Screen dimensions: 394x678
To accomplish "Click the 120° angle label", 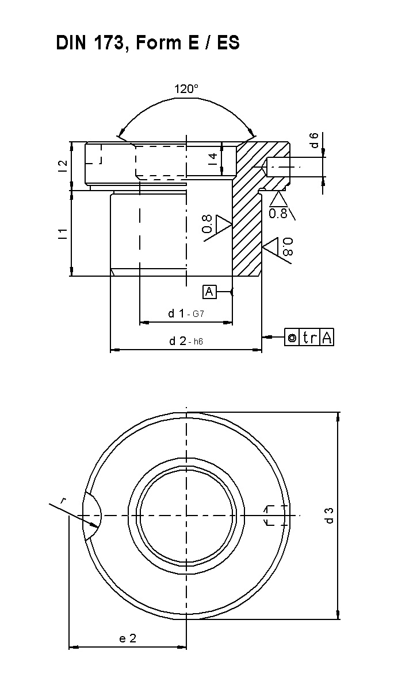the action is click(186, 90).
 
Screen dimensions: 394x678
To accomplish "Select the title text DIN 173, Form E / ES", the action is click(148, 43).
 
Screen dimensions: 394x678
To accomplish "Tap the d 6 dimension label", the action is click(315, 140).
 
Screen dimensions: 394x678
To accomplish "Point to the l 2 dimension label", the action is click(63, 165).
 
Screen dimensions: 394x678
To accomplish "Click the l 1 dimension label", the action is click(63, 234).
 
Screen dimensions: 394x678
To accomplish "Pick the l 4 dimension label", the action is click(213, 158).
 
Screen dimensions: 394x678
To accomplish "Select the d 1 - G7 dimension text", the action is click(186, 313).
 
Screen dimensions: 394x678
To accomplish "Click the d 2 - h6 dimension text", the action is click(186, 341).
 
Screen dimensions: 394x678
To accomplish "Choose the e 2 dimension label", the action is click(128, 638).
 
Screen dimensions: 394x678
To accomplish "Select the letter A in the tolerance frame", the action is click(327, 337).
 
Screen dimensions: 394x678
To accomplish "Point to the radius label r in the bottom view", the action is click(64, 501).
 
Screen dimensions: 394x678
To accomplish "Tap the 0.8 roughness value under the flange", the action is click(278, 213).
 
